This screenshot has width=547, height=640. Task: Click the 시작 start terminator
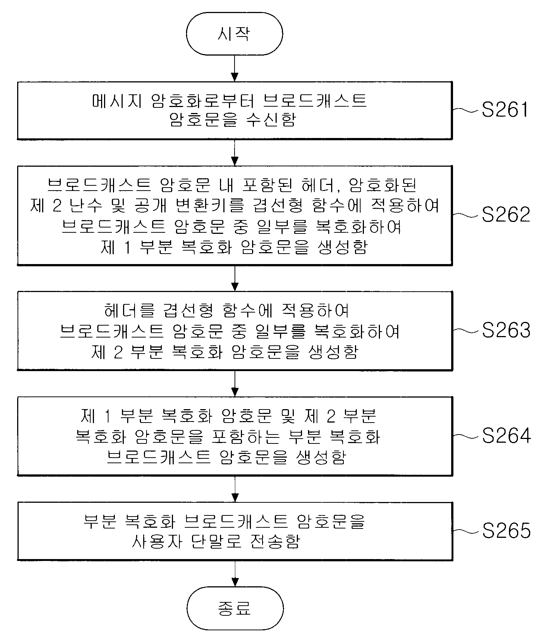(x=235, y=34)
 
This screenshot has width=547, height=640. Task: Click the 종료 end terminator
(x=235, y=608)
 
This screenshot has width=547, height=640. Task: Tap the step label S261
(x=505, y=110)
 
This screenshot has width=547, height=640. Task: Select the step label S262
(x=506, y=215)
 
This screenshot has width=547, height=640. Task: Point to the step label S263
(x=506, y=330)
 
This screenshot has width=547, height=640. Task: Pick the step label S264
(x=506, y=436)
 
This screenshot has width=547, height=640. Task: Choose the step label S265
(x=506, y=531)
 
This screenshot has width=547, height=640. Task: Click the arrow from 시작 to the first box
(x=235, y=68)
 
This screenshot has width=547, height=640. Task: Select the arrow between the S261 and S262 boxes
(x=235, y=153)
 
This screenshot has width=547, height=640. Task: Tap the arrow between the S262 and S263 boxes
(x=235, y=278)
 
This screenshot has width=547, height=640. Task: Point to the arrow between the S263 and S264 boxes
(x=235, y=383)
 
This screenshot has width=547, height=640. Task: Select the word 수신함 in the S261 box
(x=272, y=120)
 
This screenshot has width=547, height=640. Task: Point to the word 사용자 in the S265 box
(x=156, y=541)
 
